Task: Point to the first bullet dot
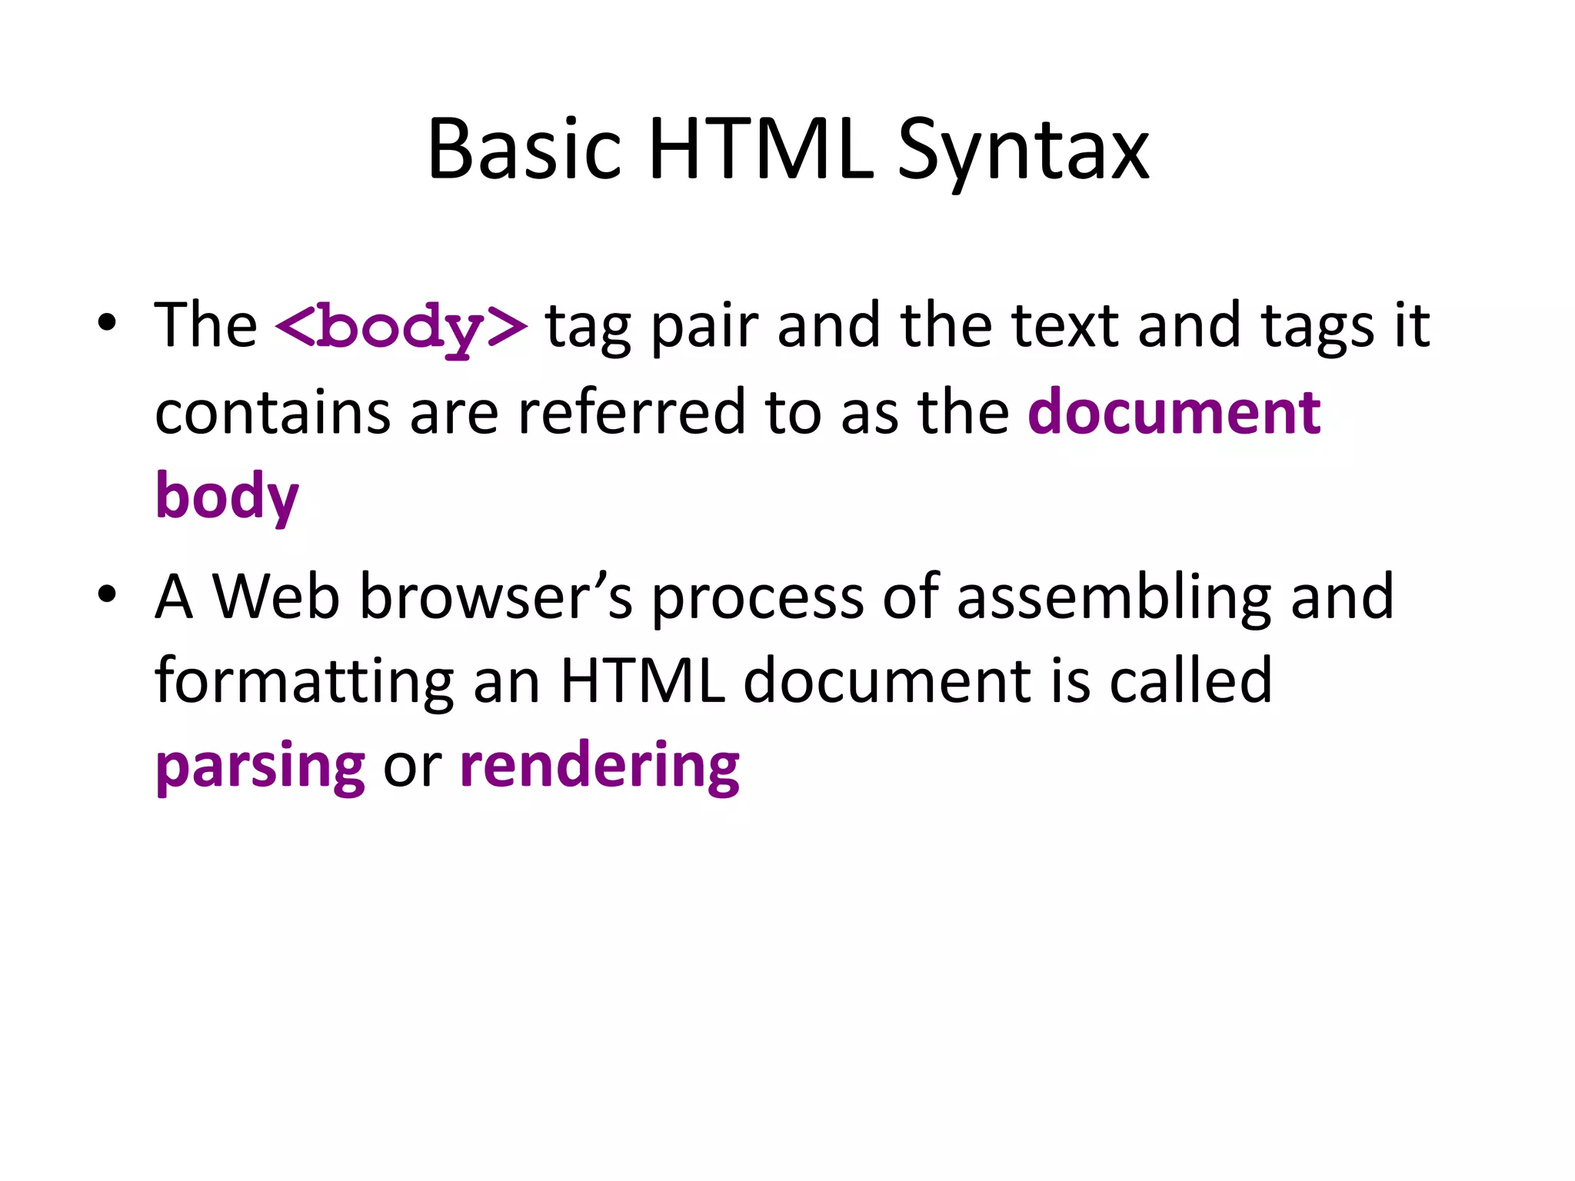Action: pos(108,323)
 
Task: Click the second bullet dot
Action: pos(108,594)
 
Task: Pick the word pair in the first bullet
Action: pos(704,327)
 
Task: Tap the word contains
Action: pos(273,413)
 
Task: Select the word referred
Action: pos(631,413)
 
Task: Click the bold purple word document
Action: pos(1174,413)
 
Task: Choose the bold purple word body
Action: pos(227,497)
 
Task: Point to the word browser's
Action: pos(496,597)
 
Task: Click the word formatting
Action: pos(305,682)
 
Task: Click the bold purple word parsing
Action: pos(260,767)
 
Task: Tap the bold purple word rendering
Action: pos(600,767)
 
